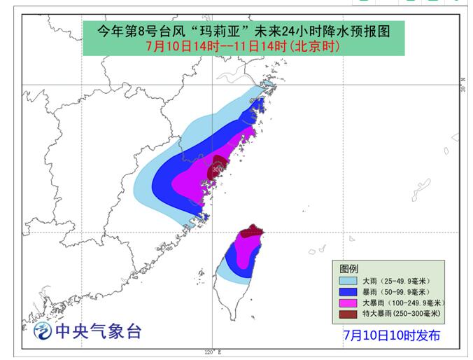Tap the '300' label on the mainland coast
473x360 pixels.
(218, 169)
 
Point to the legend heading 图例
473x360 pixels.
(349, 268)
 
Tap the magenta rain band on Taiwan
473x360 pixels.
(246, 252)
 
